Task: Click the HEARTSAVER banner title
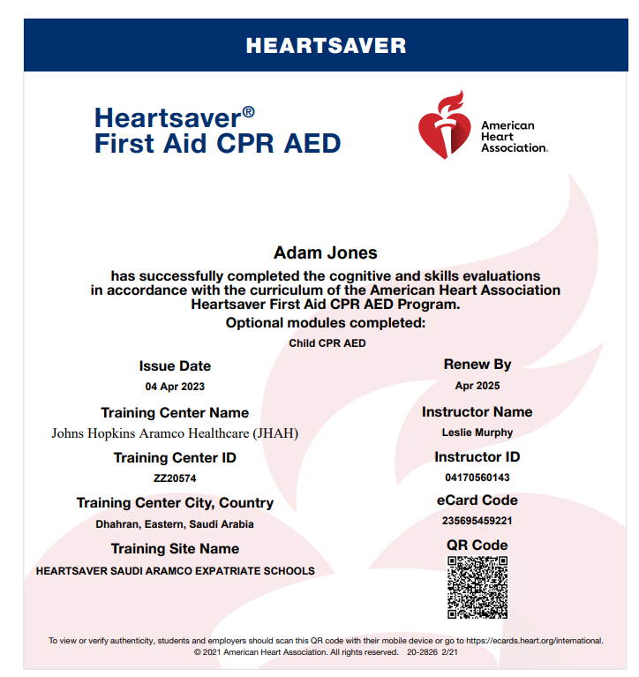(326, 46)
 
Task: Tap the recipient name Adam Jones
(326, 253)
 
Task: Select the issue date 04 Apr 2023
(175, 387)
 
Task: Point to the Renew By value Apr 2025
(477, 386)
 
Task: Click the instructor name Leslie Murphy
(477, 433)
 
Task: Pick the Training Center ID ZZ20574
(175, 478)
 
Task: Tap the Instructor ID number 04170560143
(477, 478)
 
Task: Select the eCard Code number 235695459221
(477, 521)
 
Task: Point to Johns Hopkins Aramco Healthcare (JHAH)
(175, 433)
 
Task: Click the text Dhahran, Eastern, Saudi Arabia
(175, 524)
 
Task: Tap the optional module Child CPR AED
(327, 343)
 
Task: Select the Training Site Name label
(175, 549)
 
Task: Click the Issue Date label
(175, 366)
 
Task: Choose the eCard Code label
(477, 500)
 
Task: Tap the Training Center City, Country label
(175, 503)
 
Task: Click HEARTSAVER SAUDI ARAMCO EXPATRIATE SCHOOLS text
(175, 571)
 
